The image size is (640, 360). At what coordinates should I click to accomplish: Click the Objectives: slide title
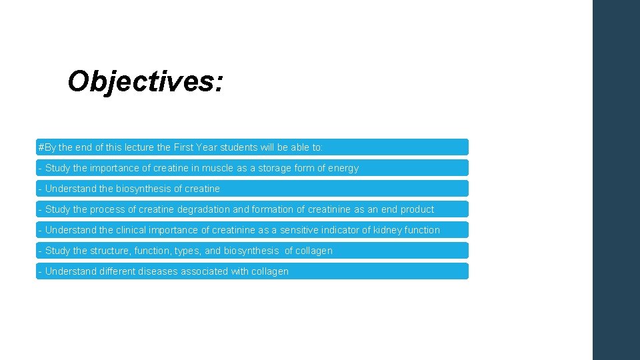pos(145,82)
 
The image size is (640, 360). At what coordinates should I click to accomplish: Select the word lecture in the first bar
pos(137,147)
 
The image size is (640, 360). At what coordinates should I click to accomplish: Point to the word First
pos(185,147)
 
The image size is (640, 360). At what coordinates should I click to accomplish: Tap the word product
pos(417,209)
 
